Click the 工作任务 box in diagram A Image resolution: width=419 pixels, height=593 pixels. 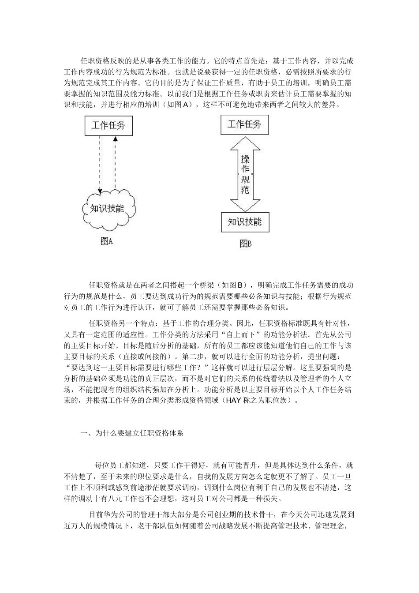(108, 125)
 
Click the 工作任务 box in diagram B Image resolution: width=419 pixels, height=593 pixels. (244, 124)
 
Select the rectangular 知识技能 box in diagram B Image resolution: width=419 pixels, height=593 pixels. (245, 221)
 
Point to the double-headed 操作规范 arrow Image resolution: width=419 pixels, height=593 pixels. (245, 174)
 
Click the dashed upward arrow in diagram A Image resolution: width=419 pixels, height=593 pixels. (115, 163)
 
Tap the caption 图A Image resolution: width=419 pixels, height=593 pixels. (107, 241)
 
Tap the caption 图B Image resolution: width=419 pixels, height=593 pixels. (245, 243)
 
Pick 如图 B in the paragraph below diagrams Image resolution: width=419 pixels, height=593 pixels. (232, 285)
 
